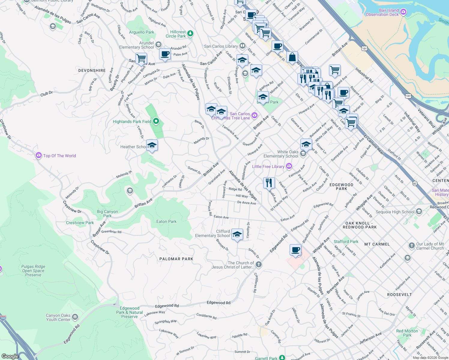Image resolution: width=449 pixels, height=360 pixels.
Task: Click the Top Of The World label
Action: [59, 156]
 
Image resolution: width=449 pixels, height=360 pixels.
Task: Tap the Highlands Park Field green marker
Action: [156, 121]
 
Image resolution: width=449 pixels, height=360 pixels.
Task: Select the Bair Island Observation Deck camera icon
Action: [403, 12]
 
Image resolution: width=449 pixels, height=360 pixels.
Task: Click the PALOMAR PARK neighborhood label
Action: [176, 259]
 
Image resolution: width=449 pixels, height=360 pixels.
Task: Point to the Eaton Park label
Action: [166, 221]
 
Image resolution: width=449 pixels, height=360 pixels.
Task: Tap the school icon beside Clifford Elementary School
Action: [237, 234]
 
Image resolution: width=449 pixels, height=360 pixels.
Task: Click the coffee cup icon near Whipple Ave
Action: [296, 250]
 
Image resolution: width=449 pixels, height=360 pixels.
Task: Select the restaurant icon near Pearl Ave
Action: [269, 182]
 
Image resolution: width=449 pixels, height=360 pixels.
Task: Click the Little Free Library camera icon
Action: [289, 166]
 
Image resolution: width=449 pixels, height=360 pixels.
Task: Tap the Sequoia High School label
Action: [395, 212]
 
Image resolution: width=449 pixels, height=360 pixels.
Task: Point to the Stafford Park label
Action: [346, 241]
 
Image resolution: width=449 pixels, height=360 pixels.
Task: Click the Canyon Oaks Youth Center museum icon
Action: [75, 317]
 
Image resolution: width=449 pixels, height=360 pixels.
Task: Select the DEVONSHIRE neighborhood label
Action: [92, 70]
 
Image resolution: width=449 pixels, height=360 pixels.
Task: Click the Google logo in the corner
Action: [10, 356]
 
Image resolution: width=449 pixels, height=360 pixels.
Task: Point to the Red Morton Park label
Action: [407, 333]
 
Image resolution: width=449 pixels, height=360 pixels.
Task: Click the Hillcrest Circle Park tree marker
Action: [190, 34]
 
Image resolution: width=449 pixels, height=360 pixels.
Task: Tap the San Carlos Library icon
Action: [242, 46]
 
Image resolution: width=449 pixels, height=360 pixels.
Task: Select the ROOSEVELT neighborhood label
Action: [399, 295]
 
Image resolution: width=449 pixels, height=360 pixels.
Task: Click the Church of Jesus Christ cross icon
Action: [258, 265]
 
